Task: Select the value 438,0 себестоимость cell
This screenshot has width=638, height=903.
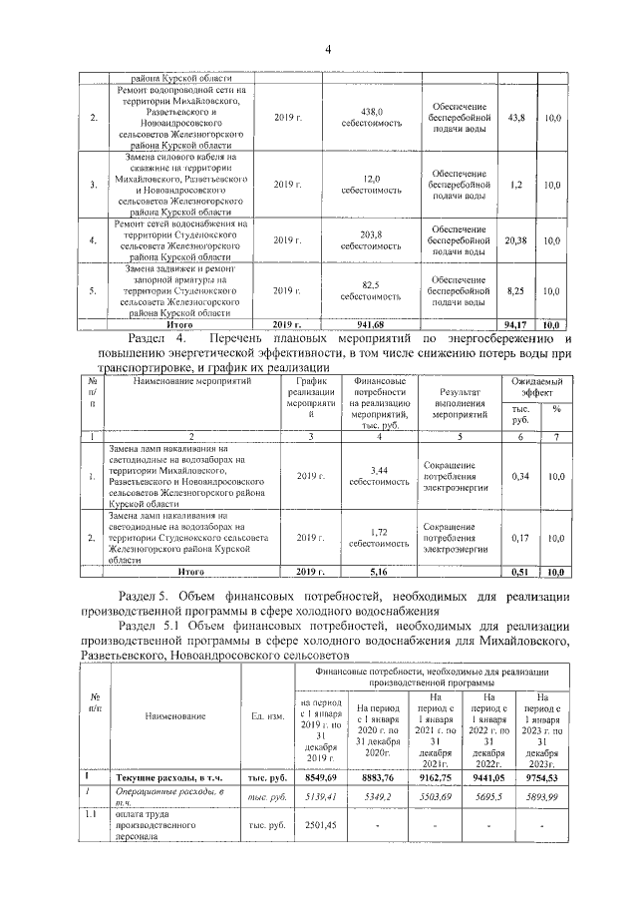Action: click(372, 118)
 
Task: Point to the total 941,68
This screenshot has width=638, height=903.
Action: click(370, 324)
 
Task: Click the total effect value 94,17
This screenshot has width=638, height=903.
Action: click(515, 324)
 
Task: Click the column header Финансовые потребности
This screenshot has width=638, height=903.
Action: click(375, 401)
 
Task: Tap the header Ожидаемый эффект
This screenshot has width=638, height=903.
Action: click(536, 388)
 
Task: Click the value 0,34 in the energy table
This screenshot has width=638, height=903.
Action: click(519, 476)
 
